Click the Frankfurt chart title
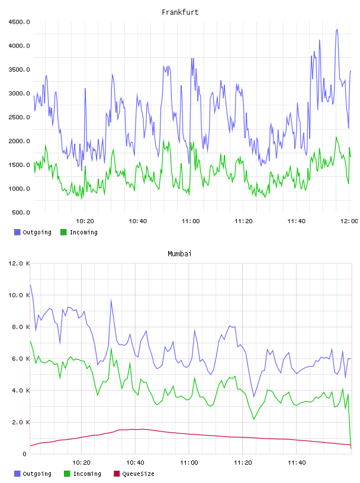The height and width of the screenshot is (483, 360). point(180,12)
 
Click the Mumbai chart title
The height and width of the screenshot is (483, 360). point(179,254)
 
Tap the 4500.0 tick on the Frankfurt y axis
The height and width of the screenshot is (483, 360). point(19,22)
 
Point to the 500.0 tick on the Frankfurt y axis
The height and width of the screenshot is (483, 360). point(21,212)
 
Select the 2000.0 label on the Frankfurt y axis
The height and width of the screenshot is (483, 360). point(19,141)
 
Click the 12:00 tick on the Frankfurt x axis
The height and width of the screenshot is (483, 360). point(349,221)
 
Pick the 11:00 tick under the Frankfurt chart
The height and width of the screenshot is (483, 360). point(191,221)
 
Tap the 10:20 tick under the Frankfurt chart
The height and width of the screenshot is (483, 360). point(85,221)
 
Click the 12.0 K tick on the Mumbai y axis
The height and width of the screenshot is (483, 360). point(19,263)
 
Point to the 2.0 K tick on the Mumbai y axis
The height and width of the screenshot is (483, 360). point(21,422)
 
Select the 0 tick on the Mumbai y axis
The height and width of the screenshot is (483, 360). point(24,454)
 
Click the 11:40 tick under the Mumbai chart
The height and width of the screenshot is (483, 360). point(297,463)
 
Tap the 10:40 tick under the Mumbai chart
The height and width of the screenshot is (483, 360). point(135,463)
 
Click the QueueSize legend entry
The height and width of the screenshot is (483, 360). point(134,474)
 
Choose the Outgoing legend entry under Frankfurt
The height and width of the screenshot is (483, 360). point(33,232)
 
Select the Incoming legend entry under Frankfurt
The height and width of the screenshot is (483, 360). point(79,232)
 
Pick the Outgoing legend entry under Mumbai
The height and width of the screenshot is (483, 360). point(33,474)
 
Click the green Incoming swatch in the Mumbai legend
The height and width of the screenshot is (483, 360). point(67,474)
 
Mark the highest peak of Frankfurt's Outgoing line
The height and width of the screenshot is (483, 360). point(337,29)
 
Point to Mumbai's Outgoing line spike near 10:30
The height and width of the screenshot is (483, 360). point(111,300)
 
